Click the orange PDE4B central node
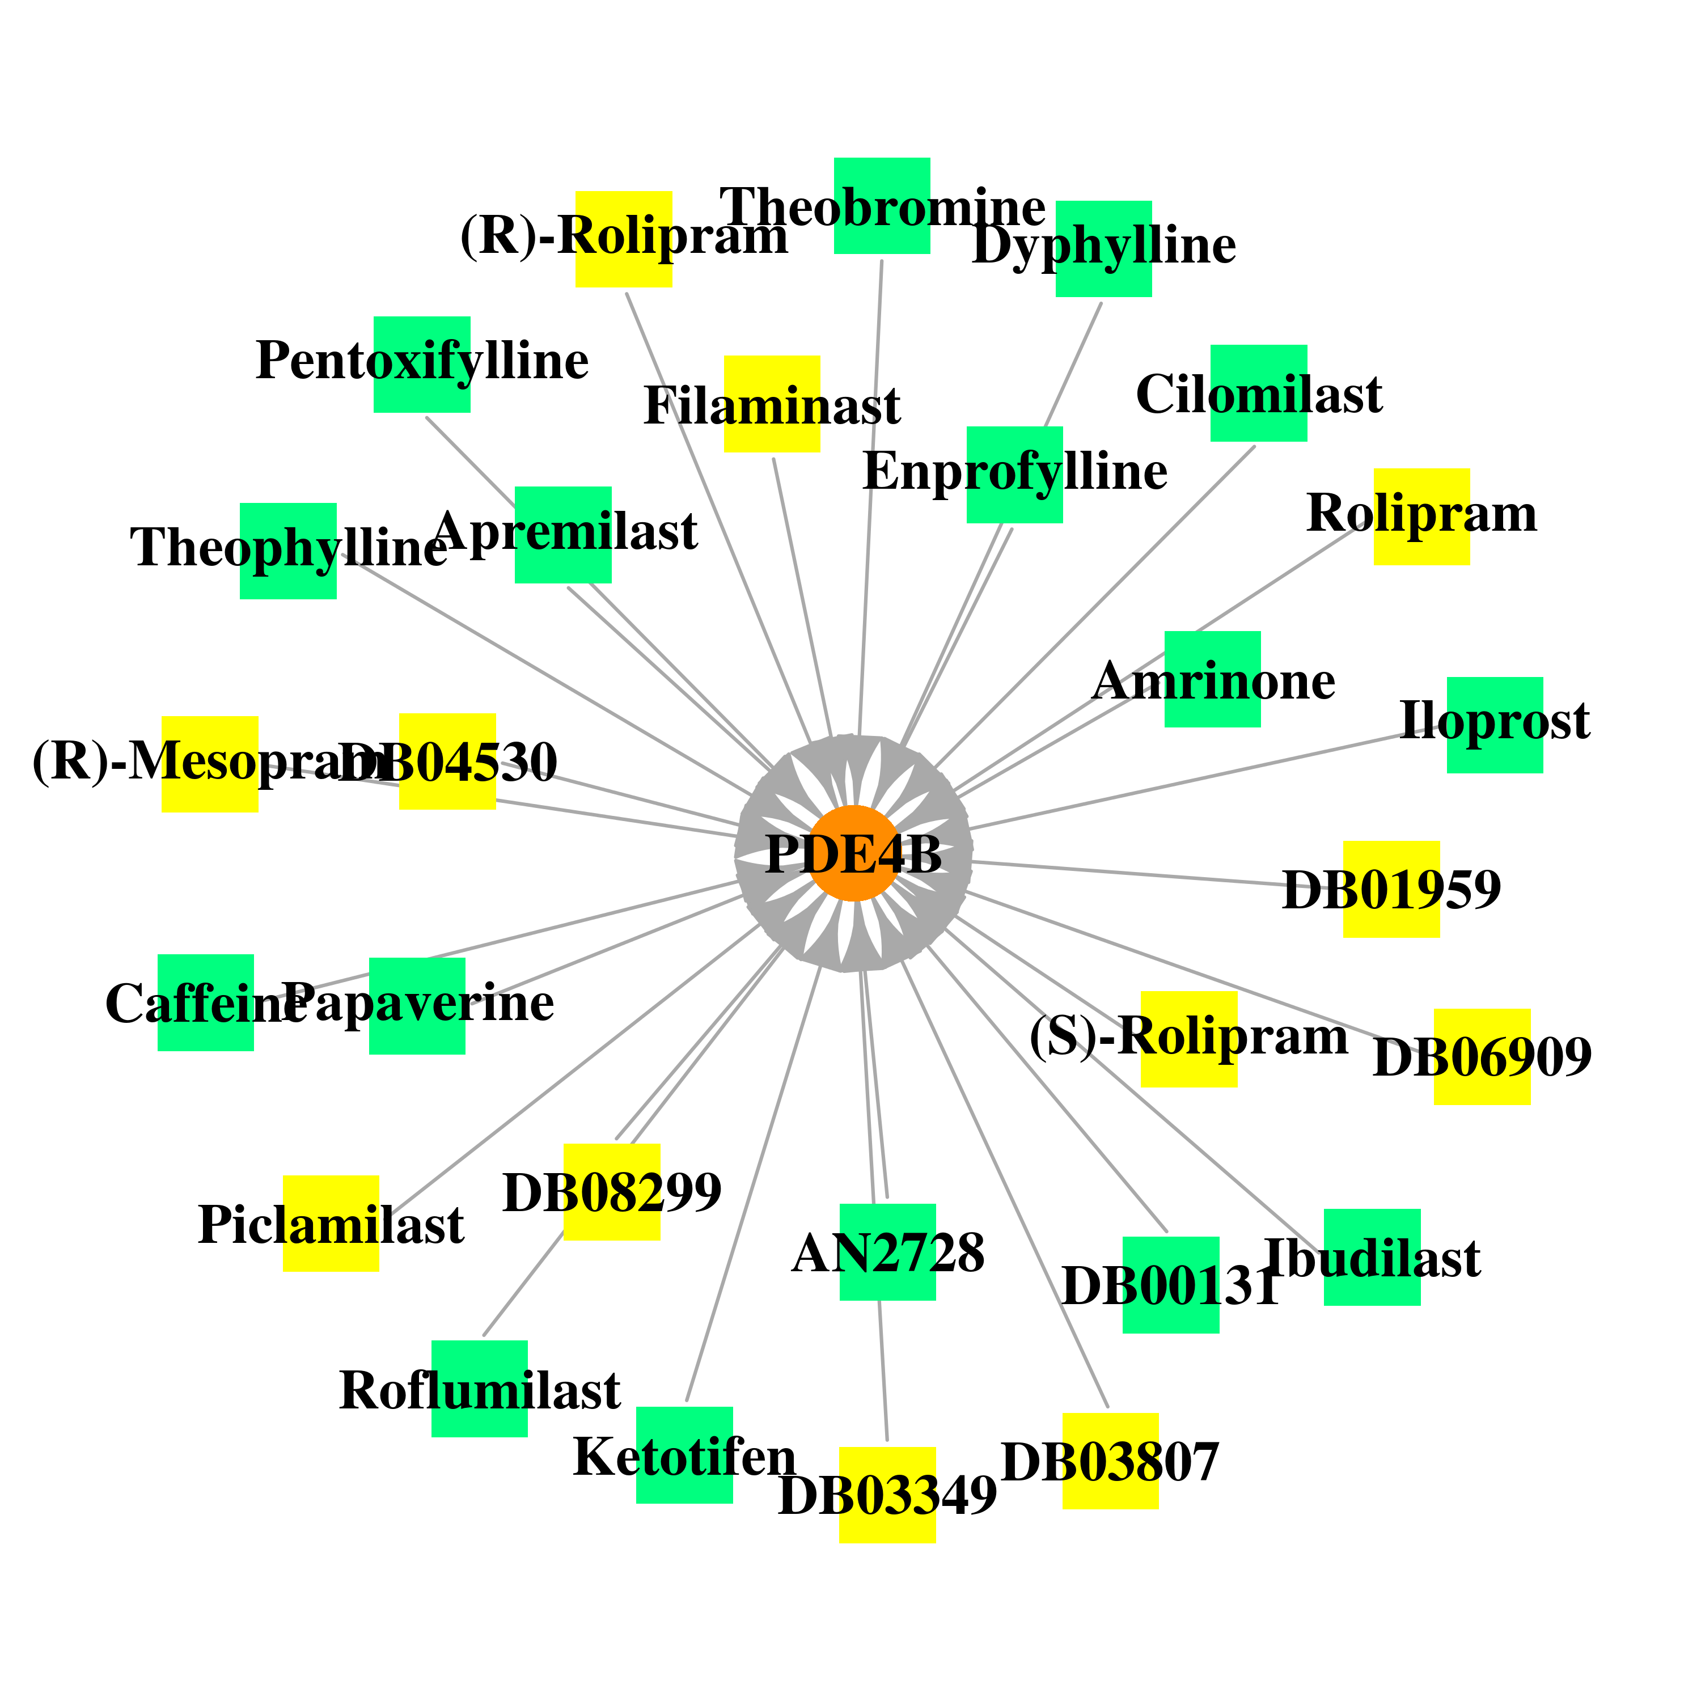pos(853,853)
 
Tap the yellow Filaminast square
pos(772,404)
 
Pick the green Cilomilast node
pos(1258,393)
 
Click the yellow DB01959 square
pos(1391,889)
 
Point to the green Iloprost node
pos(1495,725)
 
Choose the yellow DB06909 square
pos(1483,1056)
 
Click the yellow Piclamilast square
pos(331,1224)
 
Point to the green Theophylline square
pos(288,551)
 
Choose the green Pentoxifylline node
pos(422,365)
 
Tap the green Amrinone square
pos(1212,679)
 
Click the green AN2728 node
pos(887,1252)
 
